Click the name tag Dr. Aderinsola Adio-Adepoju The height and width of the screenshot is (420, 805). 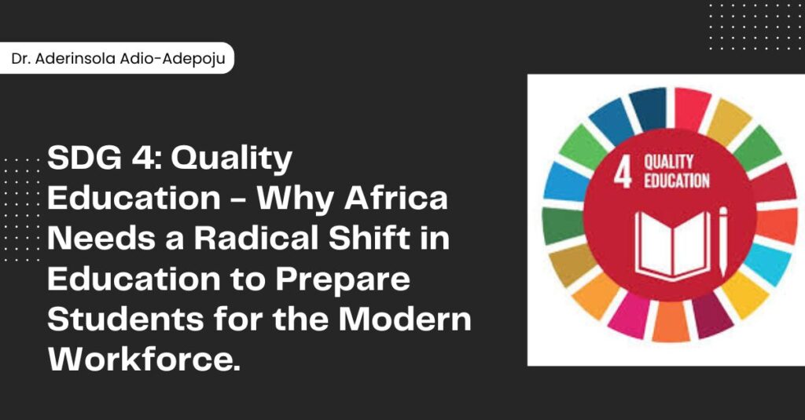[116, 58]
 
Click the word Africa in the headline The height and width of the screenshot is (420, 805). [396, 198]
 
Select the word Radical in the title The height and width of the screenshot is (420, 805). [257, 239]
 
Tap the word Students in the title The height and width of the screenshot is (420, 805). [125, 319]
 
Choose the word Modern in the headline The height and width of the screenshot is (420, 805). [405, 319]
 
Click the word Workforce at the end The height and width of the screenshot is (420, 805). [144, 359]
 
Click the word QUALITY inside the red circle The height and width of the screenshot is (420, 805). [669, 162]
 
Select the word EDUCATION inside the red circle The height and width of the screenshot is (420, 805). [677, 181]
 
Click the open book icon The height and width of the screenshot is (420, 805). [673, 245]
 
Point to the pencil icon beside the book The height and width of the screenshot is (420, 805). [723, 241]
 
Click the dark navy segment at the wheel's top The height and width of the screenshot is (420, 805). [649, 108]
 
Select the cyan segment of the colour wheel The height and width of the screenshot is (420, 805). [767, 264]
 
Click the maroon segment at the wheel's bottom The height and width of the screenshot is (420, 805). [711, 315]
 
